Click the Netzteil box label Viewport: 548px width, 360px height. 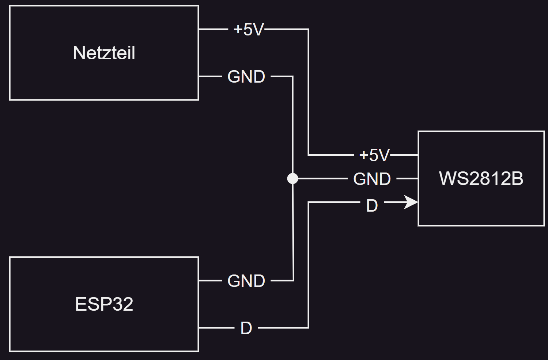tap(104, 53)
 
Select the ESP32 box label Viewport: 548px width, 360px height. tap(104, 304)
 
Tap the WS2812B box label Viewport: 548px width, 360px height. tap(481, 178)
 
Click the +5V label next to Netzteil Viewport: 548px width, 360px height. tap(249, 29)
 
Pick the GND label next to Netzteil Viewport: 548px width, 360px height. tap(246, 77)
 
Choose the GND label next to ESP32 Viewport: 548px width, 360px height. tap(246, 281)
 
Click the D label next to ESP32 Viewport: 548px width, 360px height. tap(246, 328)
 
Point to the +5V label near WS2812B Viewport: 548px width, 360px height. tap(374, 155)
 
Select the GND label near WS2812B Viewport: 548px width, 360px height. tap(372, 179)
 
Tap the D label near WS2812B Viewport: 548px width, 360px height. tap(372, 206)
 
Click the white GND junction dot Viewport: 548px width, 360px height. tap(292, 178)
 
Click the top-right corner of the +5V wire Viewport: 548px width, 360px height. tap(309, 29)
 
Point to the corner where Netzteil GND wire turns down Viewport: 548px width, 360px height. tap(293, 77)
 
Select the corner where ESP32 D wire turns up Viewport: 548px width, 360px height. tap(309, 327)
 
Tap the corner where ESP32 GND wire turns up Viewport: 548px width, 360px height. tap(294, 280)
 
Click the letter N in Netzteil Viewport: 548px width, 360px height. tap(79, 53)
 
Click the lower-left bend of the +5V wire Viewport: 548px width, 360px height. tap(309, 155)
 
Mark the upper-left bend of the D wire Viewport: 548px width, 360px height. tap(309, 202)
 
